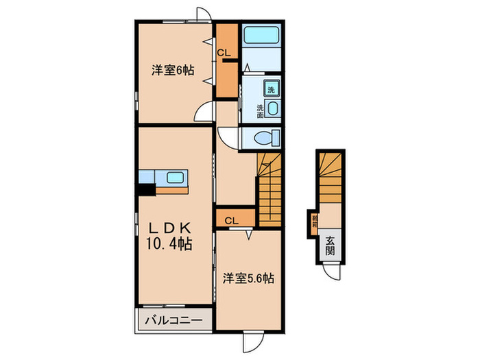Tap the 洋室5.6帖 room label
[x=248, y=278]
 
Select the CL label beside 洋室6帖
[x=224, y=52]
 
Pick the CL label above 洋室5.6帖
[x=231, y=220]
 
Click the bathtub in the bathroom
[x=262, y=35]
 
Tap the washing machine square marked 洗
[x=272, y=89]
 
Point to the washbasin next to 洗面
[x=272, y=109]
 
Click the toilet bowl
[x=263, y=138]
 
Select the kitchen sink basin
[x=174, y=178]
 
